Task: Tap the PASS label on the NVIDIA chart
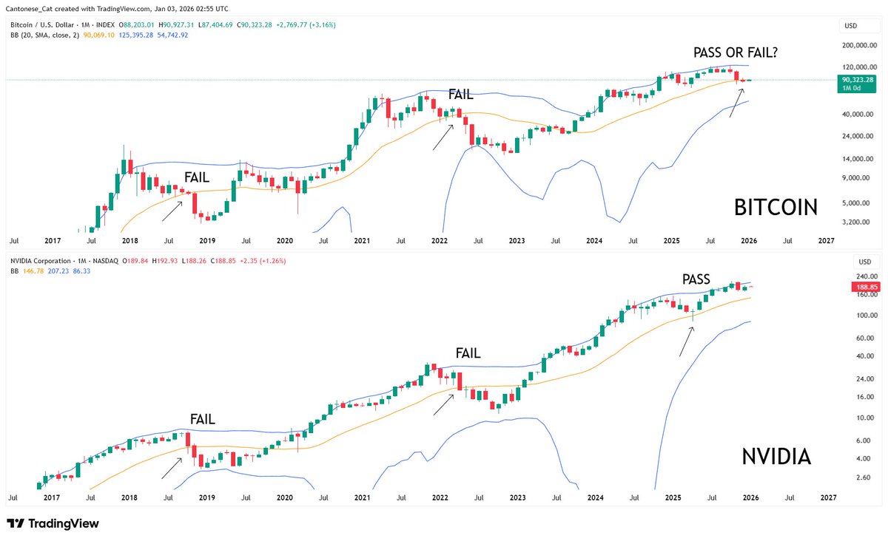pos(696,279)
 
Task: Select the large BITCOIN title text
pos(776,208)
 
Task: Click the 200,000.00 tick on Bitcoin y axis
pos(859,46)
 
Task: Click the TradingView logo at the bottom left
pos(53,523)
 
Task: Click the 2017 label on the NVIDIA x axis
pos(52,498)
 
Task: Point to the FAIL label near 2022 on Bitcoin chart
pos(460,95)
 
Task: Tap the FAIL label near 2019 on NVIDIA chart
pos(202,420)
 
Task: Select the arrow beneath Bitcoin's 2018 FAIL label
pos(172,210)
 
